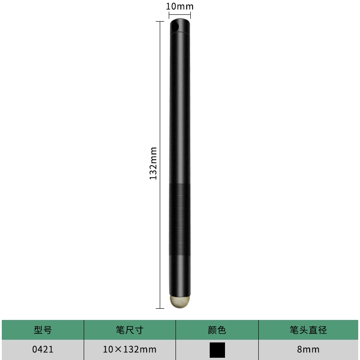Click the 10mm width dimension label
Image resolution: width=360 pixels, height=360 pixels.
[x=180, y=6]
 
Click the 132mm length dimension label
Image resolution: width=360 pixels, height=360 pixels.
[x=153, y=163]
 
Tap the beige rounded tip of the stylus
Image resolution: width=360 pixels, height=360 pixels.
[x=180, y=301]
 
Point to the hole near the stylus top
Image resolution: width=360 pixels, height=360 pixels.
[x=175, y=27]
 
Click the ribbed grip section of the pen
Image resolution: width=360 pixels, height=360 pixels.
[x=180, y=219]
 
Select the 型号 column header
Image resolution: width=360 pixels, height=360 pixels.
[x=43, y=330]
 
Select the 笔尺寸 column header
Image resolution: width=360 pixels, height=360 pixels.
[x=130, y=330]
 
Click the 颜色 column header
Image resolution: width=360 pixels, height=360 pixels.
[x=217, y=330]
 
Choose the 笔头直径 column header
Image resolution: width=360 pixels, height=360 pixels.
[x=308, y=330]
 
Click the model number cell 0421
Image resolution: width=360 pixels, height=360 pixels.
[x=43, y=350]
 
